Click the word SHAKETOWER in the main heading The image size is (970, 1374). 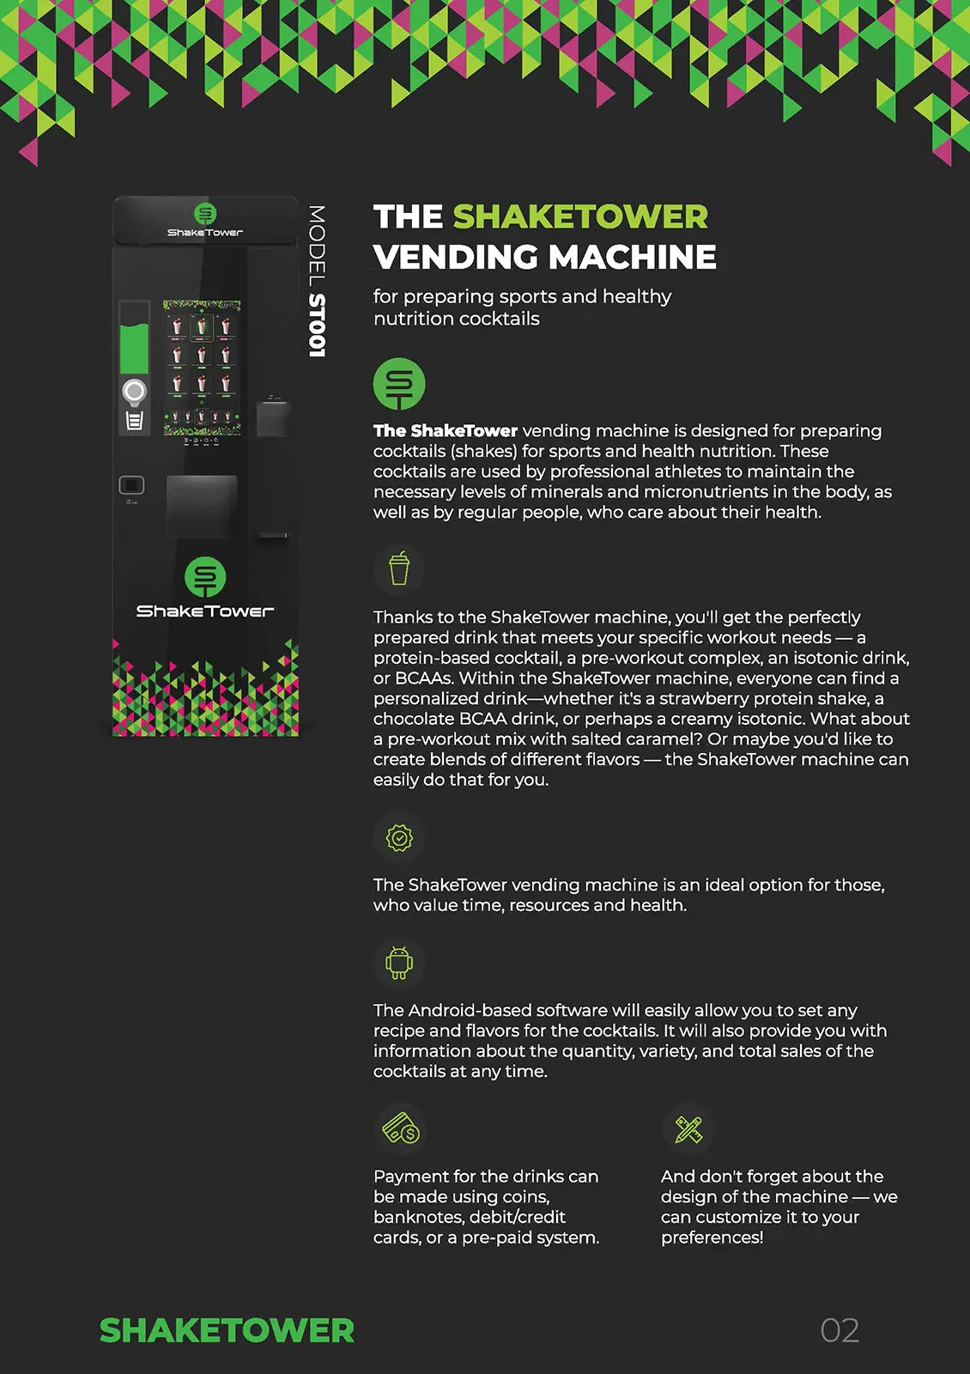[x=580, y=217]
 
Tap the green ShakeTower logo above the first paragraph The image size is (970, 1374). [x=399, y=384]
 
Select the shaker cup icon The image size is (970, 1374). [x=399, y=568]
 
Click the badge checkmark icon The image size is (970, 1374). [x=399, y=837]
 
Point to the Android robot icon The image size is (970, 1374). [x=399, y=963]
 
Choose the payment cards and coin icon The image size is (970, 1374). [x=400, y=1128]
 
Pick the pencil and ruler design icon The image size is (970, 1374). [x=688, y=1128]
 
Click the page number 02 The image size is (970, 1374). [x=840, y=1330]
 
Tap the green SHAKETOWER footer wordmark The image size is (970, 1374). [x=227, y=1330]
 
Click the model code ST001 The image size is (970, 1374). [x=317, y=325]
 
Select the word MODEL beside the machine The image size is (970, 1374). [x=317, y=246]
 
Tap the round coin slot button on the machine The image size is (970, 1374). [x=134, y=392]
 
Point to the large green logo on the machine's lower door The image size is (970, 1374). [x=205, y=577]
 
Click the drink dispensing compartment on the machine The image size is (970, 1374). [x=201, y=507]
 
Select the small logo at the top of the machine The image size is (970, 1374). [x=205, y=214]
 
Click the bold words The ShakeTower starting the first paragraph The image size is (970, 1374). [x=446, y=431]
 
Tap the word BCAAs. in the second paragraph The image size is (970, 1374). [x=424, y=678]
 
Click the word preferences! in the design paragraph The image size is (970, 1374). [x=712, y=1237]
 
